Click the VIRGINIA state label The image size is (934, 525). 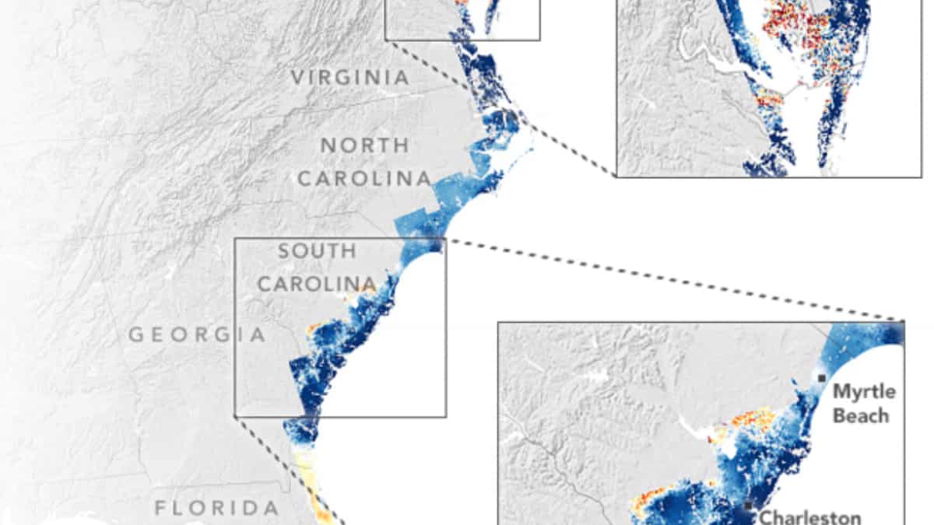[x=349, y=77]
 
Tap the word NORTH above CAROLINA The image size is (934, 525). [x=365, y=145]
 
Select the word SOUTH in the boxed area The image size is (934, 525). [x=318, y=251]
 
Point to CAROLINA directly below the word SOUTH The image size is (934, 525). [x=317, y=284]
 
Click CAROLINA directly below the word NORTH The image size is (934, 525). [x=364, y=178]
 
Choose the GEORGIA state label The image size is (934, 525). [x=197, y=335]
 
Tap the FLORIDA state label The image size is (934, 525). [x=216, y=509]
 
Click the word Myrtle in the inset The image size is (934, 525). [x=864, y=390]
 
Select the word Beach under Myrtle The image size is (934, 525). [x=860, y=415]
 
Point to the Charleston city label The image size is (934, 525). [x=809, y=516]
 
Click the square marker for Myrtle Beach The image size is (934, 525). [x=822, y=378]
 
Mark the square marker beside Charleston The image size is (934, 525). [x=749, y=506]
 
